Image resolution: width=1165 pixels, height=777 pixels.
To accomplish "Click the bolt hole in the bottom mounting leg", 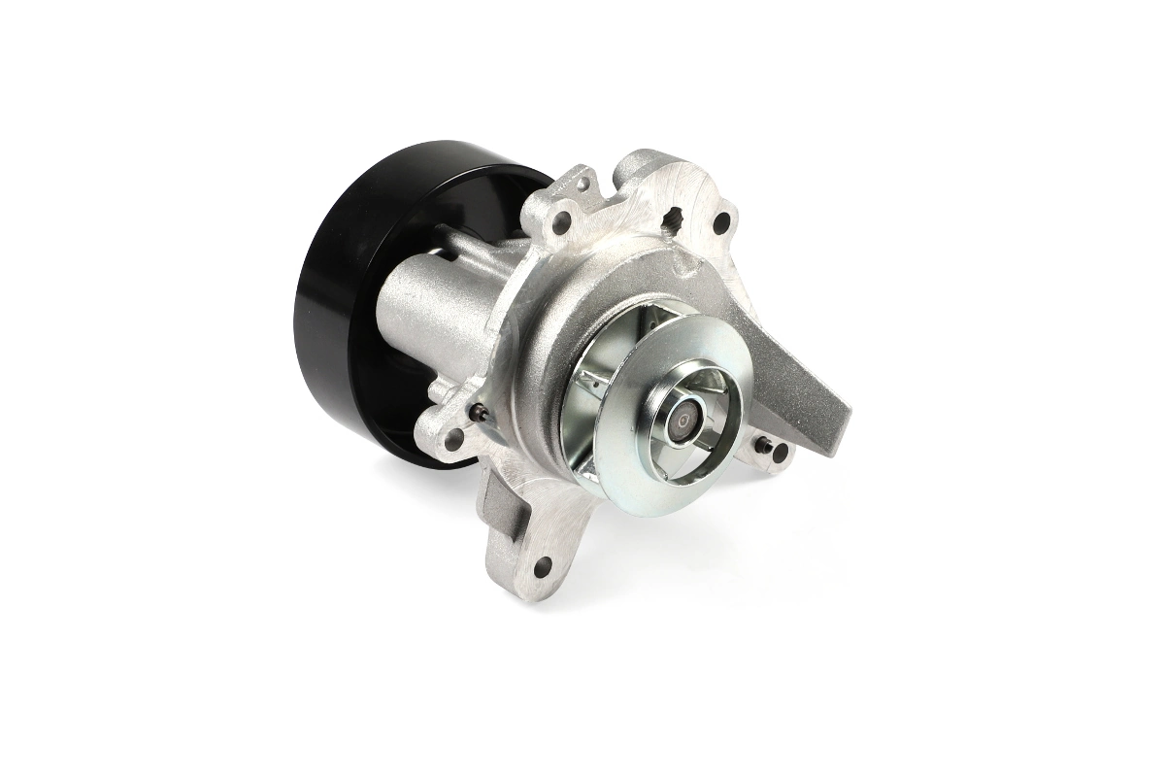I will (x=541, y=566).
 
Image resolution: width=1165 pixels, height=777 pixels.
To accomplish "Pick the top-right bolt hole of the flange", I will (x=720, y=222).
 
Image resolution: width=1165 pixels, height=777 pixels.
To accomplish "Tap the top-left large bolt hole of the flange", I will (x=561, y=222).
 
